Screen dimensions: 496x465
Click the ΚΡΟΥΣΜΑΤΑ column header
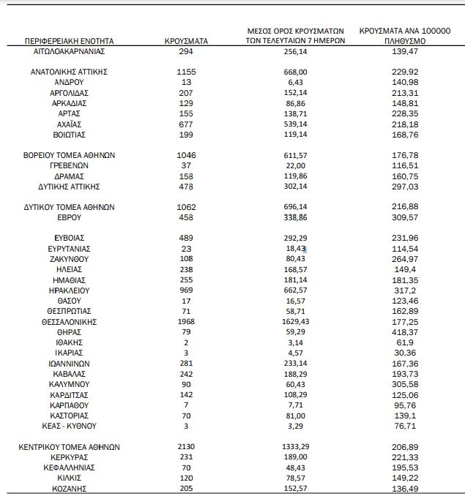point(187,42)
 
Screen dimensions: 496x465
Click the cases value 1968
point(187,322)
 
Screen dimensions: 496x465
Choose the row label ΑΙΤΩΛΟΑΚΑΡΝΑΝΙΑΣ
point(70,53)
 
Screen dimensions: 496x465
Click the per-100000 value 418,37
point(404,332)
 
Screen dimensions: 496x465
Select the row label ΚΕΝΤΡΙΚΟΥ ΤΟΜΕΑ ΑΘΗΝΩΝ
point(70,446)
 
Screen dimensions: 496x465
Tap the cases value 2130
point(187,446)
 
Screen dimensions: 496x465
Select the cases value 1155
point(187,72)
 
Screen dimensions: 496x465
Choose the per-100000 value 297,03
point(404,187)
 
